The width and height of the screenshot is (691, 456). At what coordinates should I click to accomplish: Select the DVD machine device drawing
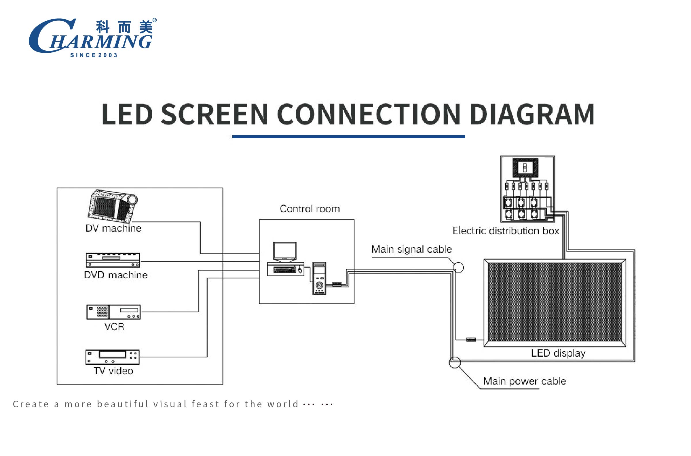(113, 260)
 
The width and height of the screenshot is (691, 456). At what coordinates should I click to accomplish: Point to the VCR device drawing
(113, 312)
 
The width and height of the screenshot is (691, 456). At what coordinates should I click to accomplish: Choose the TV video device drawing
(113, 357)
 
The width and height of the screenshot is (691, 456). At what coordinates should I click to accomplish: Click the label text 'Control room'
(310, 209)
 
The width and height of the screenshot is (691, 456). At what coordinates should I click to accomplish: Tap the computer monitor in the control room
(285, 251)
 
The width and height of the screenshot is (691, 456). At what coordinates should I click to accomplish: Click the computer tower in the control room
(319, 278)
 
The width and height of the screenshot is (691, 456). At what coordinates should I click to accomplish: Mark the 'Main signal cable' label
(411, 249)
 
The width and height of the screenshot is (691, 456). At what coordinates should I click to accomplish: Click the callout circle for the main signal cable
(458, 268)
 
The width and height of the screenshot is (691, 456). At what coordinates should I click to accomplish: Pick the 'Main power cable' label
(525, 381)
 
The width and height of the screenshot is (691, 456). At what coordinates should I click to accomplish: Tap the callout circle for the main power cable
(455, 362)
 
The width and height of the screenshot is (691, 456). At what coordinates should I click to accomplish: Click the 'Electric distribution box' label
(506, 231)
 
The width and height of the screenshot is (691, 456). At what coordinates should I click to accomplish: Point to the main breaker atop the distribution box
(525, 167)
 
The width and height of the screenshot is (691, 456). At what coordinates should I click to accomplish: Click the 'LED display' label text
(558, 353)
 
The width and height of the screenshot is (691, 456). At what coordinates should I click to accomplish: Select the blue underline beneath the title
(348, 136)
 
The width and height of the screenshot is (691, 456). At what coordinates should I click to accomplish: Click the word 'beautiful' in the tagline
(123, 404)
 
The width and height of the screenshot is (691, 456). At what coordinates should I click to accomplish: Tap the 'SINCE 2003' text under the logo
(94, 55)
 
